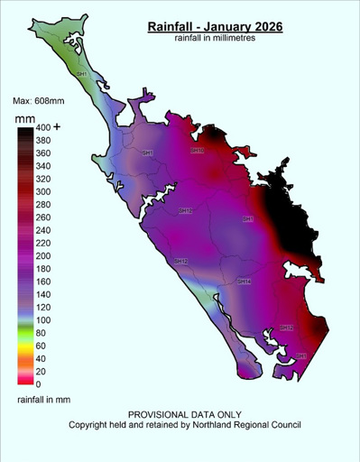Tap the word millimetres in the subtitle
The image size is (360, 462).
(242, 40)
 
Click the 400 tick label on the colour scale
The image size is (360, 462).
(42, 128)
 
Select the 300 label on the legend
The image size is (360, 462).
(42, 192)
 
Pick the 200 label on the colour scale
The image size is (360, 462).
(42, 256)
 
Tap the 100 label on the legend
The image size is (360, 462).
(42, 320)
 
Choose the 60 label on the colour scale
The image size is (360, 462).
(40, 346)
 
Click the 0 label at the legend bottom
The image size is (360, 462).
(37, 384)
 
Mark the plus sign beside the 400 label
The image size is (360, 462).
(58, 127)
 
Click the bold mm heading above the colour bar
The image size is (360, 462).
(24, 117)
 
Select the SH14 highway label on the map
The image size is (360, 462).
(243, 282)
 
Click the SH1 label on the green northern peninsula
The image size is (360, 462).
(82, 73)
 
